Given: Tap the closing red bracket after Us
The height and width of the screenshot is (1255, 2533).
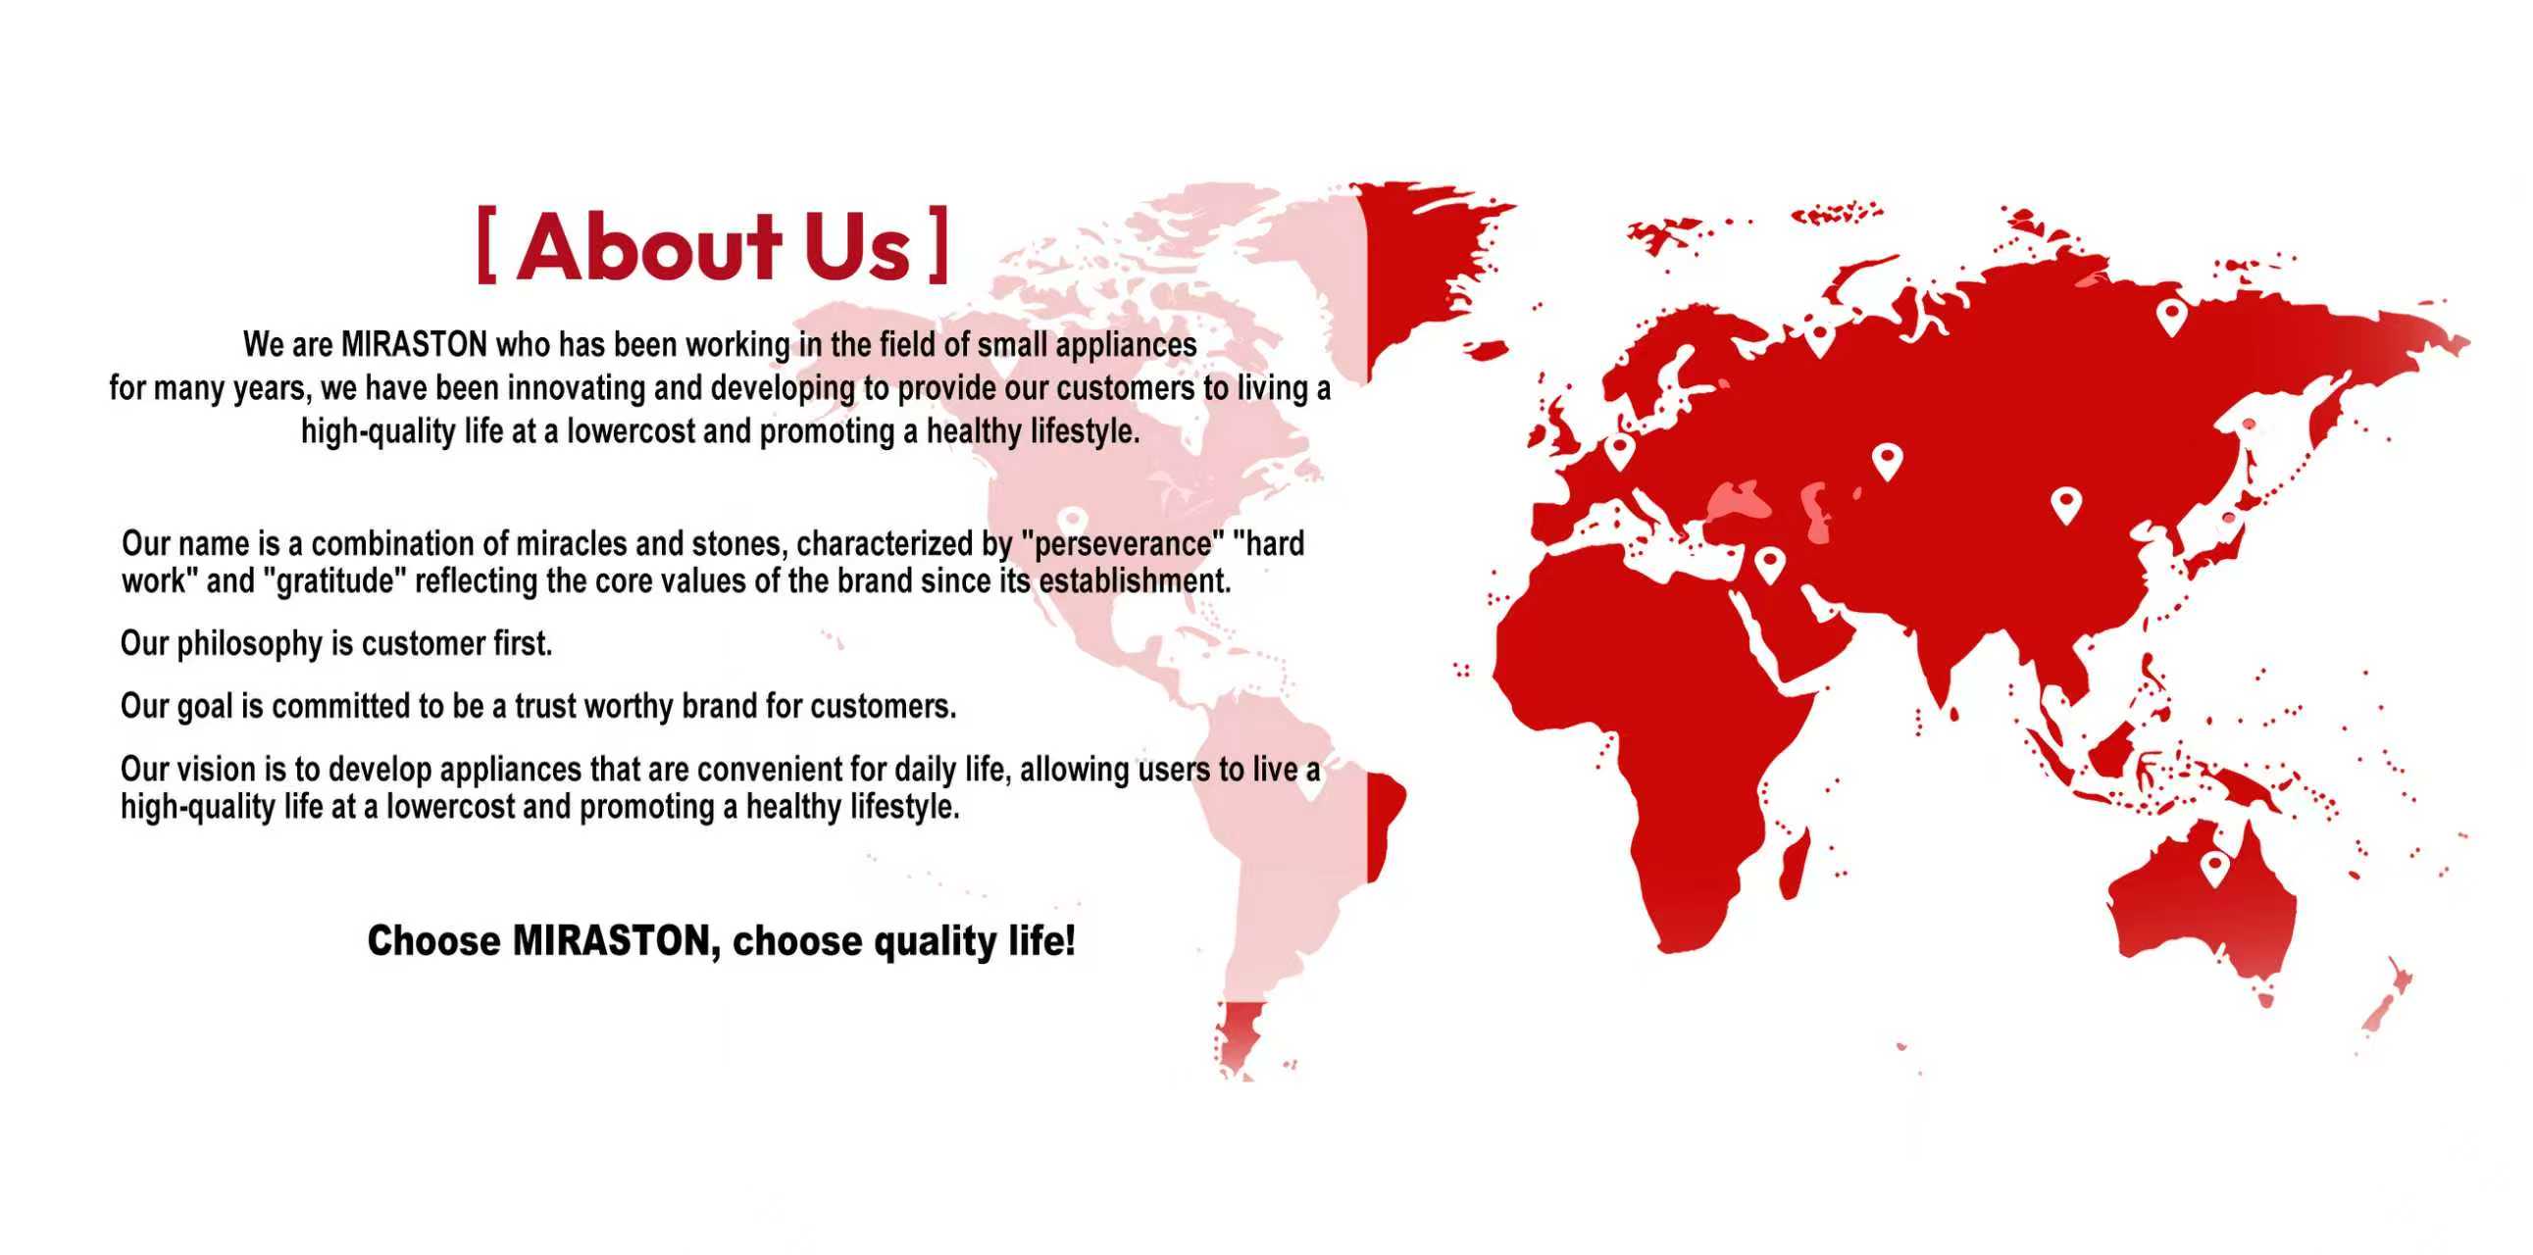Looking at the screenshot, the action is [939, 245].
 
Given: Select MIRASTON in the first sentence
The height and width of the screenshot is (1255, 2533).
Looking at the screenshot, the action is [414, 345].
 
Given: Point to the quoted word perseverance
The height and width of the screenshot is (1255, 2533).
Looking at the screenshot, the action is [1121, 543].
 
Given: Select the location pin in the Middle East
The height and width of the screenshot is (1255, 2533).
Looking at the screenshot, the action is [1770, 566].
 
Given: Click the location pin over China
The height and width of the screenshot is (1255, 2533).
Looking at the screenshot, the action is [2066, 506].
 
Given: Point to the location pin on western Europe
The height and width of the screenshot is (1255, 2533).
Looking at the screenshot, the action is [1619, 452].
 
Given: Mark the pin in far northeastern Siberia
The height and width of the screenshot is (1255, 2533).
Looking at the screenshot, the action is [2171, 318].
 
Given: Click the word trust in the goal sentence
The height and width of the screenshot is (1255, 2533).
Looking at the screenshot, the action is [545, 707].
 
